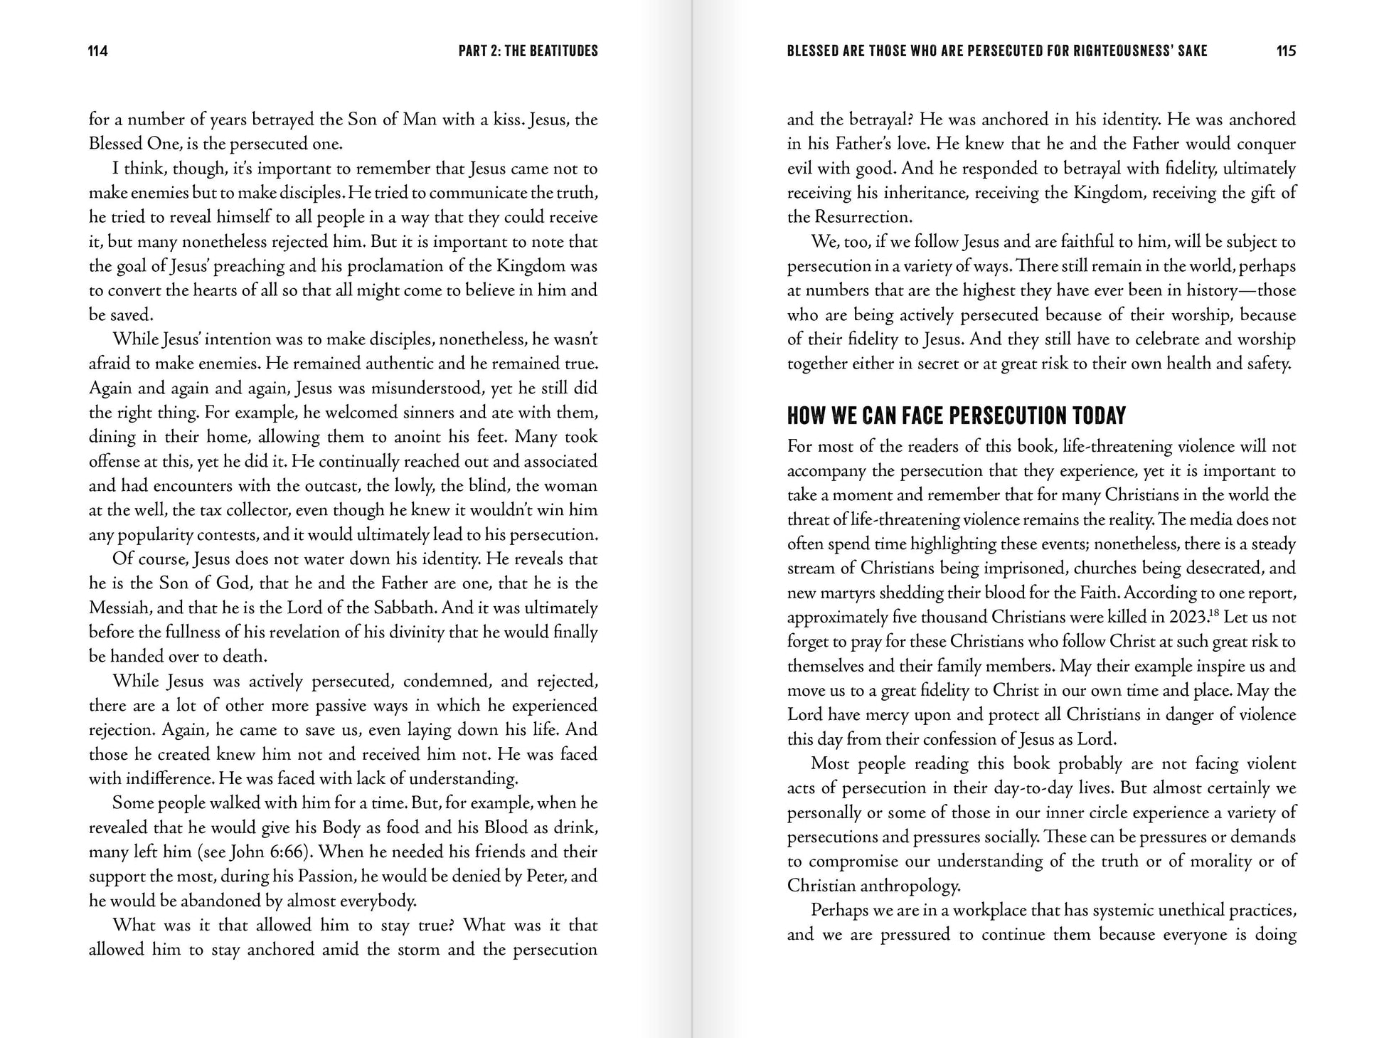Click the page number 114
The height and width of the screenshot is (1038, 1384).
click(98, 51)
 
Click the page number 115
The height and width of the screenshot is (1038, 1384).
click(1286, 51)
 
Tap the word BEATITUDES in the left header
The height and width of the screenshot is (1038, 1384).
click(563, 51)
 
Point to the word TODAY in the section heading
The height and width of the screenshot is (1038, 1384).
click(1099, 415)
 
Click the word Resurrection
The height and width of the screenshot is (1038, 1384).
click(873, 218)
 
